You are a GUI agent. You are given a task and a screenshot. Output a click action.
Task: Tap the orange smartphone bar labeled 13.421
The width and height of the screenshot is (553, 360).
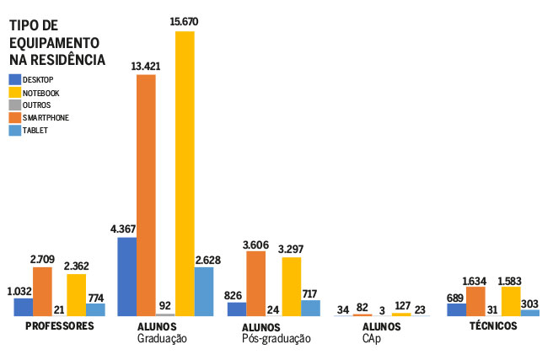coord(146,194)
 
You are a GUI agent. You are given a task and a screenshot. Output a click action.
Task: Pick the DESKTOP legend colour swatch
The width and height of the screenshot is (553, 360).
coord(15,79)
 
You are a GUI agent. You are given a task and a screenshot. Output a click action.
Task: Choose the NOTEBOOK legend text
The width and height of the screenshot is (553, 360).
coord(41,92)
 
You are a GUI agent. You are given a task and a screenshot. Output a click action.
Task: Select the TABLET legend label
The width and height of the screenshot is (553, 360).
coord(35,131)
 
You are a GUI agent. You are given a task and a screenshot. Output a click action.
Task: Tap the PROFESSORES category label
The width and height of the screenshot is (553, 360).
coord(59,326)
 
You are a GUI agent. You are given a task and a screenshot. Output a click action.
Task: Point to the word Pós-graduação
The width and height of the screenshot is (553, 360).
coord(276,339)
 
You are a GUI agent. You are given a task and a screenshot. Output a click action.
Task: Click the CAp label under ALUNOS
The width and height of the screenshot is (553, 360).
coord(371,339)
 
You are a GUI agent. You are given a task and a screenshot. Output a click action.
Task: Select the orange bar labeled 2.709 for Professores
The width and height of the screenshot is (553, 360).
coord(42,291)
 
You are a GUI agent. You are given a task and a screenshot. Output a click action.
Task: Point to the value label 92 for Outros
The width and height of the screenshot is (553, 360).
coord(165,306)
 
